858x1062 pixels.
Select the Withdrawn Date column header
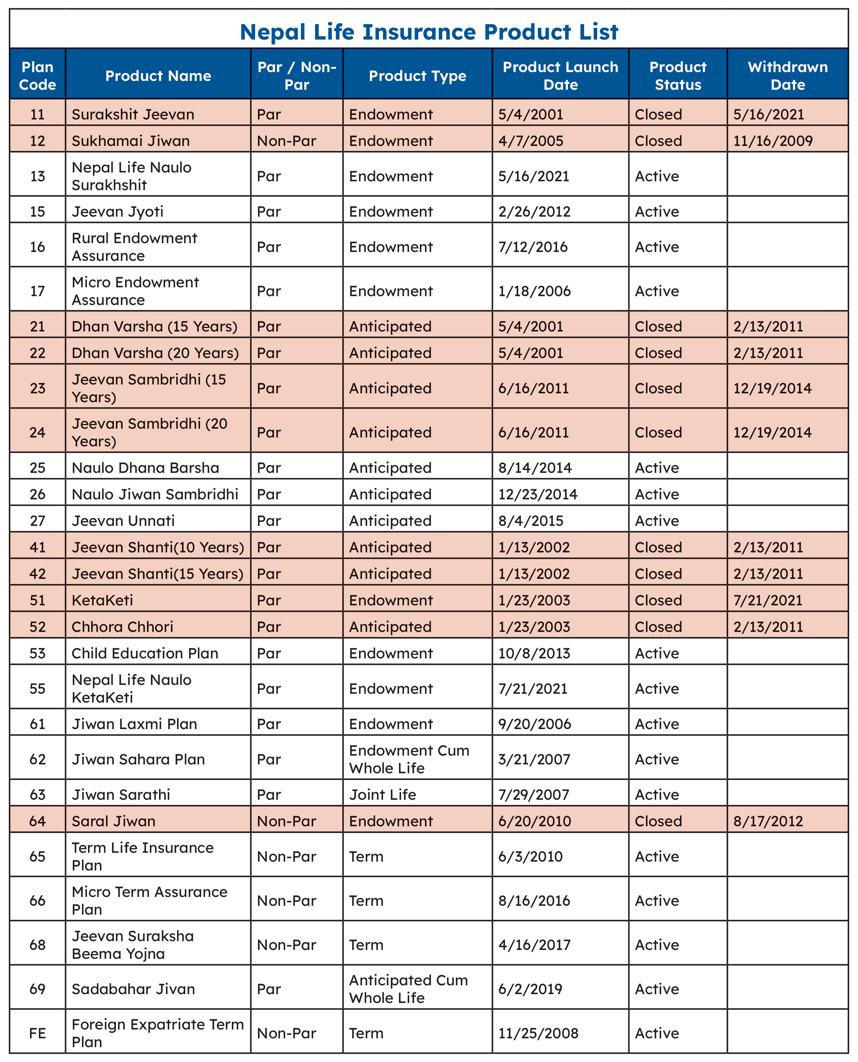click(787, 76)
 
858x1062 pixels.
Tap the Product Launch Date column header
click(560, 76)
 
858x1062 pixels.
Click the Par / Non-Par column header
click(296, 76)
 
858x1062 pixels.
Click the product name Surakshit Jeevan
click(133, 114)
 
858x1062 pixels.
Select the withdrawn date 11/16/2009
click(772, 141)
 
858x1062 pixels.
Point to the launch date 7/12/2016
click(533, 247)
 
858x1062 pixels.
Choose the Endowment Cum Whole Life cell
click(409, 759)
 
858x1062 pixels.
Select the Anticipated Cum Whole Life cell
click(408, 988)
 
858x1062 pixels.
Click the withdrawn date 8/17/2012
click(768, 821)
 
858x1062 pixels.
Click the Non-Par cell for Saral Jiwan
click(286, 821)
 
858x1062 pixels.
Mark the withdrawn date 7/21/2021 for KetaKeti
click(768, 600)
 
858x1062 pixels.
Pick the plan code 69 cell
click(37, 988)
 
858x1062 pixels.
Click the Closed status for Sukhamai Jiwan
click(658, 141)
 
